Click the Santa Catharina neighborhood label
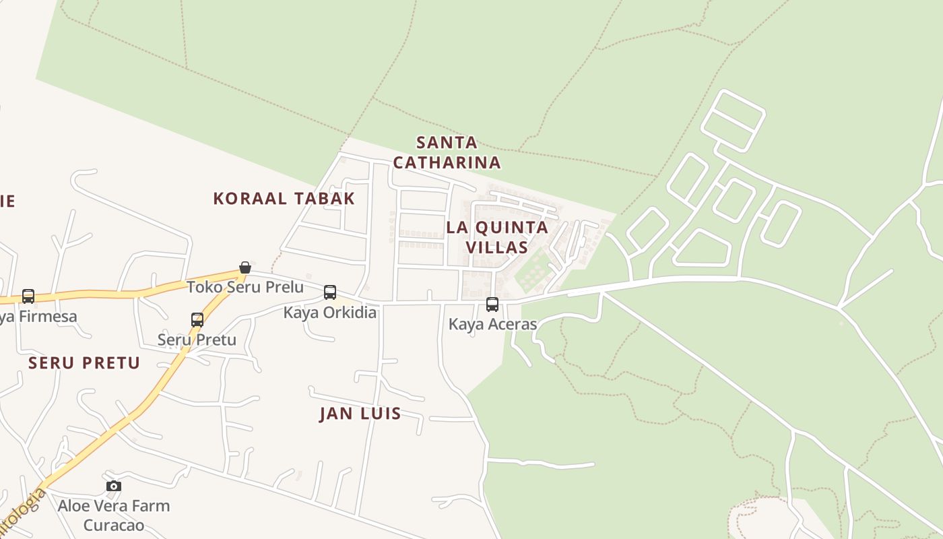(447, 152)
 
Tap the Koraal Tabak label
(284, 199)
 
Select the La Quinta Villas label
(497, 237)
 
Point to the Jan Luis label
(360, 414)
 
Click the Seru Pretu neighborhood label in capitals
(84, 364)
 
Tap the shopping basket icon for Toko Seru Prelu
(245, 268)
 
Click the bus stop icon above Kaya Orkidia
(330, 292)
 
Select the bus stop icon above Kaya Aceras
(492, 304)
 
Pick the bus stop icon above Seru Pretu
(197, 319)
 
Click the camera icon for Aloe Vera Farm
(114, 486)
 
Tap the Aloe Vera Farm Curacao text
(113, 515)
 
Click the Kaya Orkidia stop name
(329, 313)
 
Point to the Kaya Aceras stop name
(492, 324)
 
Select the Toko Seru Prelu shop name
(245, 287)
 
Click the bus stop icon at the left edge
(28, 296)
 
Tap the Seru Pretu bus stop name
(197, 340)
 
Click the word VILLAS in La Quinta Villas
(497, 247)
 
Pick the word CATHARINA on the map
(447, 162)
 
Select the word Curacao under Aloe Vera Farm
(113, 525)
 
